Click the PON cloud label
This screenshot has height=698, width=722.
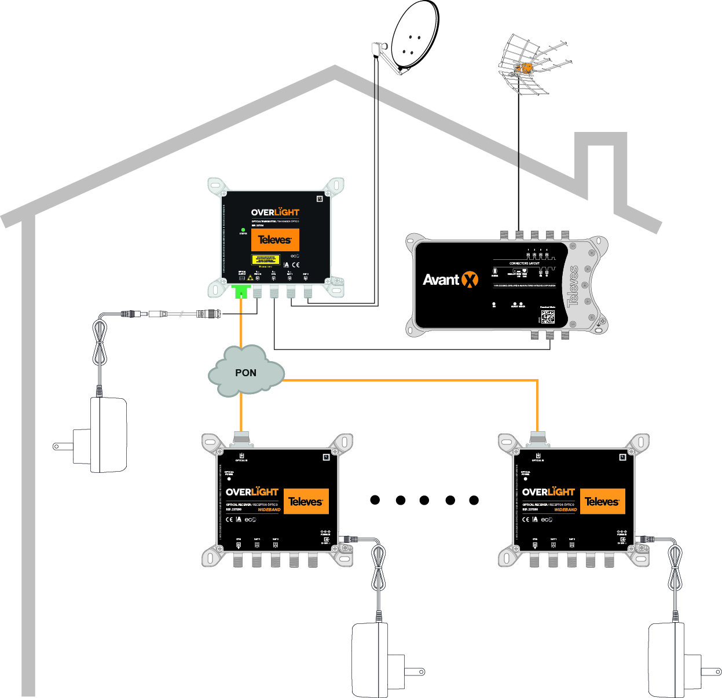[245, 373]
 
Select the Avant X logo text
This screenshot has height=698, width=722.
[450, 280]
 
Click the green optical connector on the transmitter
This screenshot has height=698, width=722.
[240, 290]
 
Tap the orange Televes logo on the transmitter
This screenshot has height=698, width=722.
[275, 240]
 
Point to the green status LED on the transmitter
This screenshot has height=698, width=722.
[243, 230]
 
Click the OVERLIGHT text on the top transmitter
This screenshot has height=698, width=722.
[275, 212]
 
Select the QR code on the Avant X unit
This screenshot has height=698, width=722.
[548, 317]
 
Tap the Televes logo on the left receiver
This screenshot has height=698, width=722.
[306, 502]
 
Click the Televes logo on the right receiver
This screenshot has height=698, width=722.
[602, 502]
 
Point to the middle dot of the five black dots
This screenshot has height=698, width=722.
[424, 500]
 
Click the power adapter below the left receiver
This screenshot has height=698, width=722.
[371, 660]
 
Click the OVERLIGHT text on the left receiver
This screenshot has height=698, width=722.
[252, 492]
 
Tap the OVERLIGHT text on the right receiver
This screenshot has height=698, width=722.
[549, 492]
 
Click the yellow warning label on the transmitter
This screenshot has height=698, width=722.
[265, 259]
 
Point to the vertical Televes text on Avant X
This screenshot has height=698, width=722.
[574, 286]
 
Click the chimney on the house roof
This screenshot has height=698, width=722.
[601, 168]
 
